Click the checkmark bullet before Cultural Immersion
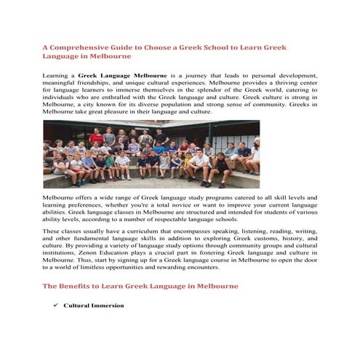click(x=55, y=305)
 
